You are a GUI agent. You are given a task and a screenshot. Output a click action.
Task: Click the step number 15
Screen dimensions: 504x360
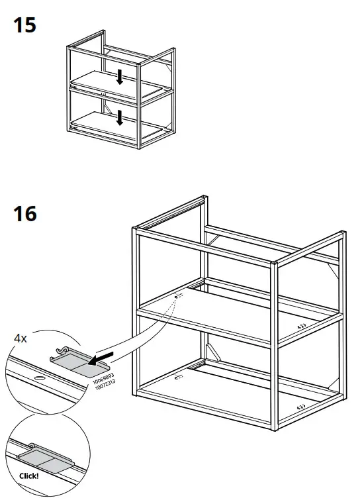click(x=24, y=26)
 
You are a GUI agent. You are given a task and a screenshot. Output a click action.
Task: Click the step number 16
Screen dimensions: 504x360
click(x=25, y=214)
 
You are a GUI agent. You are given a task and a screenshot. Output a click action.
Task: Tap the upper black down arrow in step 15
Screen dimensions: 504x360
click(x=120, y=77)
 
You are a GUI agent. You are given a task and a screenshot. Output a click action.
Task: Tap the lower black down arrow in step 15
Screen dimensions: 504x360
click(x=120, y=118)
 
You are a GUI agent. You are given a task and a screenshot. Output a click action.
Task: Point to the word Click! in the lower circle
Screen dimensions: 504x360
click(x=29, y=475)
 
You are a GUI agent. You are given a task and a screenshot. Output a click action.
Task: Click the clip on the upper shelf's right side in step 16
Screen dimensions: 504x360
click(x=301, y=326)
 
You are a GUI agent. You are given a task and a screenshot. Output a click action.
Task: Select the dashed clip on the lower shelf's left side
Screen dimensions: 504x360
click(x=177, y=378)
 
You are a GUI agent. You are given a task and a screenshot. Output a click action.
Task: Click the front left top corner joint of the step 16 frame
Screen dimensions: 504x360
click(x=134, y=231)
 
